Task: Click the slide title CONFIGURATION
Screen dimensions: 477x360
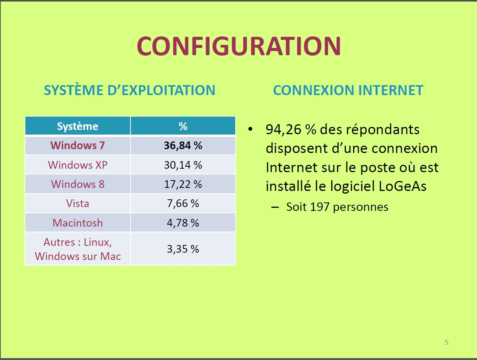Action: coord(239,46)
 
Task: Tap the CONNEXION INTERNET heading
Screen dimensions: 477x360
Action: coord(348,90)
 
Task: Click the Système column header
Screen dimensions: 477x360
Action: coord(78,126)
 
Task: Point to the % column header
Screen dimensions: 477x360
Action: coord(183,126)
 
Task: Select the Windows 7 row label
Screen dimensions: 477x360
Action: coord(78,145)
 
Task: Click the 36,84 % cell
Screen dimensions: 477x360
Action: coord(183,145)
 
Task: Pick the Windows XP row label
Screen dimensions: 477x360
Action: coord(78,165)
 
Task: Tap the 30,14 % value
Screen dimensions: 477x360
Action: coord(183,165)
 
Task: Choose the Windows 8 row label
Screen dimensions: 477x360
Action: coord(78,184)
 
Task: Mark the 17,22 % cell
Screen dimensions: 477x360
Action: coord(183,184)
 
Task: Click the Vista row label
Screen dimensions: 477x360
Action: coord(78,204)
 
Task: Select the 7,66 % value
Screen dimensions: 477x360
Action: coord(183,204)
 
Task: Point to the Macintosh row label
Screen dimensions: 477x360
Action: coord(78,223)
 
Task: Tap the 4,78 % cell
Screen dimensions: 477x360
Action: coord(183,223)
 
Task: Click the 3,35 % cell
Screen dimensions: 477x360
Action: coord(183,249)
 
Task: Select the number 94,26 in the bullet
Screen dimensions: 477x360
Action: coord(284,130)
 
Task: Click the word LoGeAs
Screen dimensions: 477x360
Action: coord(403,186)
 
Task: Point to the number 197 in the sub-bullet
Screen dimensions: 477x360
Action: coord(320,207)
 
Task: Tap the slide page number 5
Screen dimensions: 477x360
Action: coord(447,342)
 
